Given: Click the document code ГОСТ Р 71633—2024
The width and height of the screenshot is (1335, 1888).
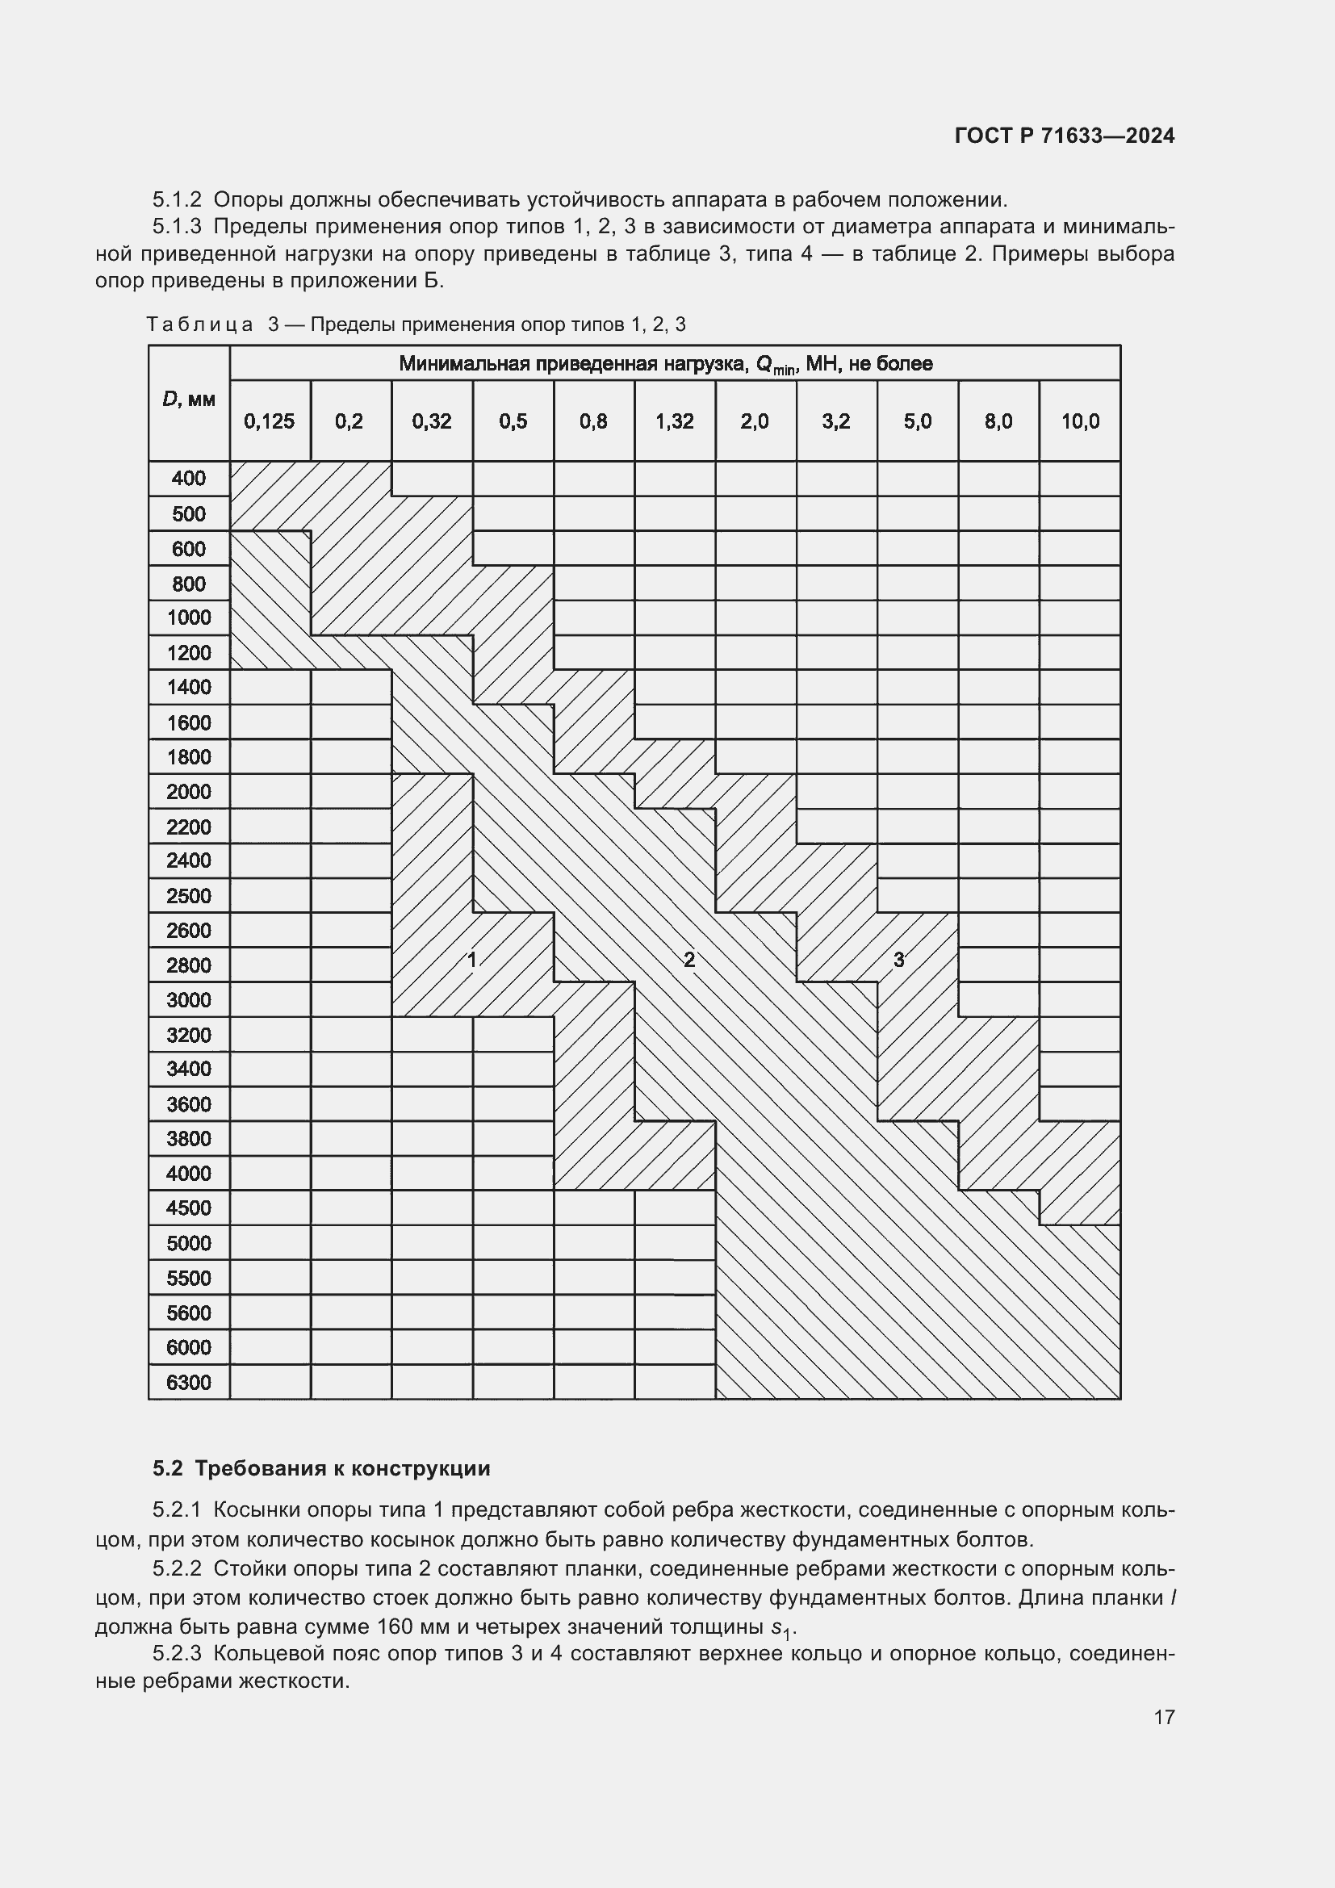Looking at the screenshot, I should pos(1065,136).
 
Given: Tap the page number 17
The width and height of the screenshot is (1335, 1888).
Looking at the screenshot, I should pos(1164,1717).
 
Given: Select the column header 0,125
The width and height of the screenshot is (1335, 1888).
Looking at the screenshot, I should pos(269,422).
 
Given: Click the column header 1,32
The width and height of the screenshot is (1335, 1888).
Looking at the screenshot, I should pos(674,422).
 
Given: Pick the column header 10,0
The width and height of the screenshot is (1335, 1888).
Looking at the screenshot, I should pos(1079,422).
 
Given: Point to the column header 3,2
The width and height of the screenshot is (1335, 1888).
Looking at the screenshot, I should pos(836,422).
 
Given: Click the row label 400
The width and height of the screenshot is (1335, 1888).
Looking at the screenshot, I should pos(188,479).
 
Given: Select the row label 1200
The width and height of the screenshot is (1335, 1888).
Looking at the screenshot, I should pos(188,653).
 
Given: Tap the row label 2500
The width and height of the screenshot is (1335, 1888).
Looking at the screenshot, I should pos(188,895).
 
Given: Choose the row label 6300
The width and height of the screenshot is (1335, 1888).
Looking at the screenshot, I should pos(188,1382).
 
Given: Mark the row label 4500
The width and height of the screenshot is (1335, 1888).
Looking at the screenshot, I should pos(188,1208).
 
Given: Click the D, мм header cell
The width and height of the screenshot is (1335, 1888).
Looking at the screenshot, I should pos(188,400).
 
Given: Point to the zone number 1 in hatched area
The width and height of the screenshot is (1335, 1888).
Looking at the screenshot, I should pos(472,959).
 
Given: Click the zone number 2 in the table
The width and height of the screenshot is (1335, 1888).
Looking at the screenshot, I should pos(688,959).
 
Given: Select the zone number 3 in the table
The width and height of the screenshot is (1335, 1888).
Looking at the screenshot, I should pos(898,959).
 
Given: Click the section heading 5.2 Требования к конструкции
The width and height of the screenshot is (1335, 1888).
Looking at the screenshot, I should pos(321,1467).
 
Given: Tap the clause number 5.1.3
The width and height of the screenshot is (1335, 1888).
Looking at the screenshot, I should pos(177,226).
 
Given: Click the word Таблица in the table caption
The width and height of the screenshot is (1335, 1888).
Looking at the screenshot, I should pos(199,324).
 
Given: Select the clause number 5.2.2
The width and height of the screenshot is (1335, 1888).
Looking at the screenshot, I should pos(177,1568).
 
